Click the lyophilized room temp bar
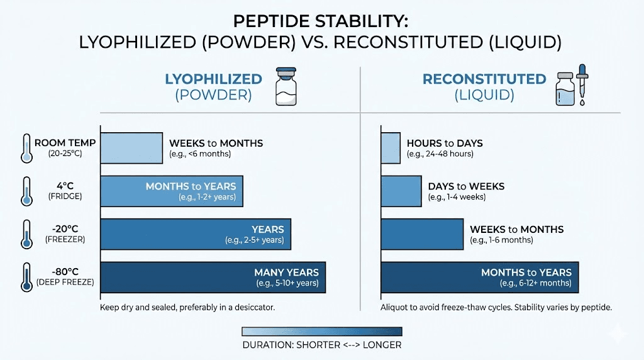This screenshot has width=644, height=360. click(x=131, y=148)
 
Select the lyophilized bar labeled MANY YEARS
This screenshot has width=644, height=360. click(x=213, y=278)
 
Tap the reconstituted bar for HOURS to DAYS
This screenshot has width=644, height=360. click(x=391, y=148)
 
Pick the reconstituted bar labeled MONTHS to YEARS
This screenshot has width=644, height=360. click(x=479, y=278)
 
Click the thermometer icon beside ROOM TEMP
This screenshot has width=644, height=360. click(x=26, y=148)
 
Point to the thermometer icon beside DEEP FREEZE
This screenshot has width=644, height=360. click(x=26, y=278)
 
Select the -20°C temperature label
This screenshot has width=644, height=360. click(x=61, y=230)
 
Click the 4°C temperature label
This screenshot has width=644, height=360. click(x=61, y=186)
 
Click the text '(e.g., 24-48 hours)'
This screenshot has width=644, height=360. click(x=440, y=154)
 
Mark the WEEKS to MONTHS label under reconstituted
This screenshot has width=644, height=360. click(x=516, y=229)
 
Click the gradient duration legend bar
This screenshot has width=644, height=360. click(x=321, y=332)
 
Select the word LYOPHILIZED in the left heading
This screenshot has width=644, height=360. click(x=213, y=79)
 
